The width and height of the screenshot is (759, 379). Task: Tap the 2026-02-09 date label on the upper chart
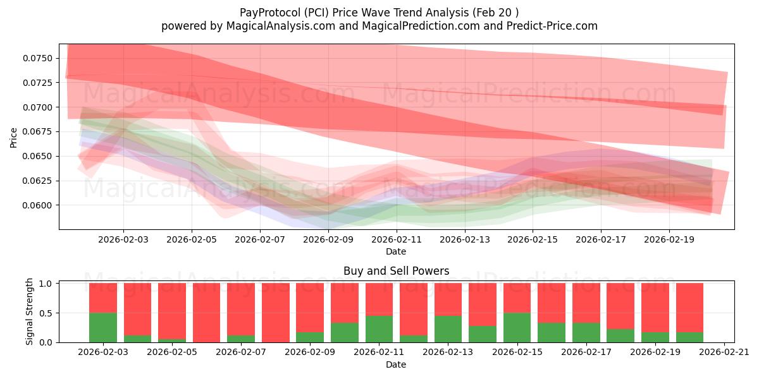328,240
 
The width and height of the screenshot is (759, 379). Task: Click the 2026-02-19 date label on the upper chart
669,240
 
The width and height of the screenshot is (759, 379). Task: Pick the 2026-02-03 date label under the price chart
123,240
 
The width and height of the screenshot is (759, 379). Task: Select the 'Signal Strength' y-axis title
30,312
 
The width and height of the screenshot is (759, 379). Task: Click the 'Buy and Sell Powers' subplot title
396,271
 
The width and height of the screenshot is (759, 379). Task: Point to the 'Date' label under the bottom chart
396,364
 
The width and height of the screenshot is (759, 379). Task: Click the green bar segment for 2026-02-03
103,327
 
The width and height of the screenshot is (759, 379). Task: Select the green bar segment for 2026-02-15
517,327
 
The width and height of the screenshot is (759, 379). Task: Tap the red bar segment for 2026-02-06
206,312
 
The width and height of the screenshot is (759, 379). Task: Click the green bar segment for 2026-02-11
379,329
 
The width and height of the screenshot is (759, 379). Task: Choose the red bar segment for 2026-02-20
689,307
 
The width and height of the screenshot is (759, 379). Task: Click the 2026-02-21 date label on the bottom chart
724,352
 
